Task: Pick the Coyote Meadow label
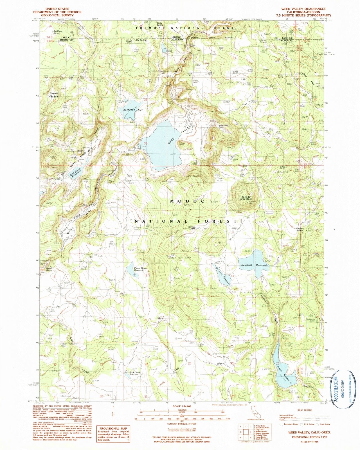click(54, 95)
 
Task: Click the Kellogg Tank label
click(192, 228)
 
